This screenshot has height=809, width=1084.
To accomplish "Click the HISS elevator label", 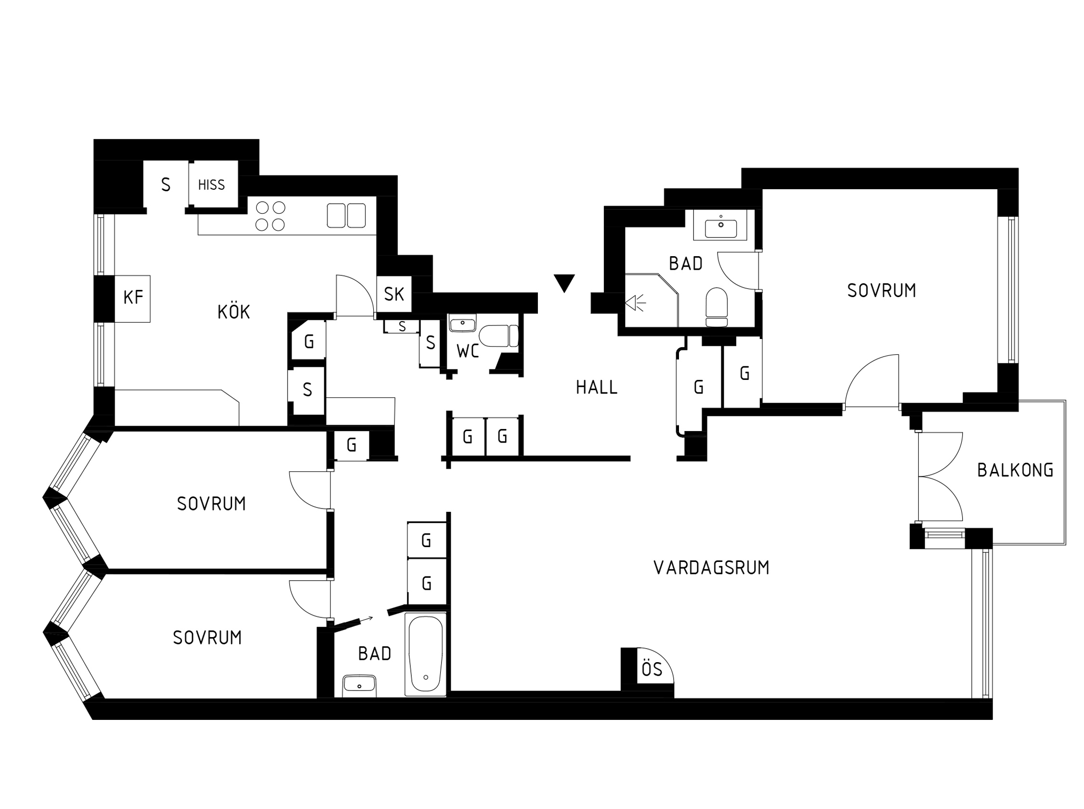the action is pyautogui.click(x=211, y=184).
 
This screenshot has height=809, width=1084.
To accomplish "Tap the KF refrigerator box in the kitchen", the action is pyautogui.click(x=132, y=298).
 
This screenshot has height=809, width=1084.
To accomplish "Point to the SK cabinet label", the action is pyautogui.click(x=393, y=294).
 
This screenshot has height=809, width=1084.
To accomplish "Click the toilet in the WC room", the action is pyautogui.click(x=498, y=336).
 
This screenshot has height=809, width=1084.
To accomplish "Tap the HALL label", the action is pyautogui.click(x=596, y=387).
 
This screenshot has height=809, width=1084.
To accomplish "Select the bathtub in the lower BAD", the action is pyautogui.click(x=426, y=654).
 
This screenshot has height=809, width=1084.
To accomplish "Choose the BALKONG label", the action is pyautogui.click(x=1015, y=470).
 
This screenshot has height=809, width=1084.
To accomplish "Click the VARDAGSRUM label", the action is pyautogui.click(x=711, y=568).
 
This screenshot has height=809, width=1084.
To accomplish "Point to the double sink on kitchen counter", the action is pyautogui.click(x=346, y=215).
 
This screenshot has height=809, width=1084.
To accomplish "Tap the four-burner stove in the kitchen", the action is pyautogui.click(x=270, y=216).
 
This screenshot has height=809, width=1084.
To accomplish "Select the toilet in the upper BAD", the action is pyautogui.click(x=716, y=307).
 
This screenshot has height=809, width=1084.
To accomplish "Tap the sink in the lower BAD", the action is pyautogui.click(x=359, y=686).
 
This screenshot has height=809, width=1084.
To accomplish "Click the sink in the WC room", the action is pyautogui.click(x=462, y=323).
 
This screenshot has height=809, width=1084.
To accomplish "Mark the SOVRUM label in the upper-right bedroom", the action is pyautogui.click(x=881, y=290).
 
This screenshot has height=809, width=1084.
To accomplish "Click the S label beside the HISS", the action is pyautogui.click(x=166, y=184).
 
